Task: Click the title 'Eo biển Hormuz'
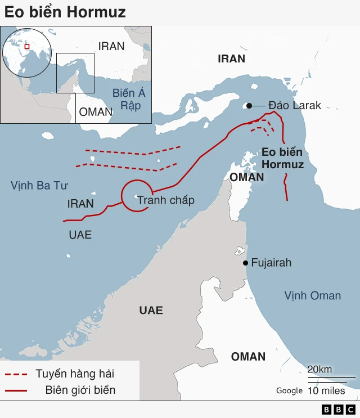[x=65, y=12]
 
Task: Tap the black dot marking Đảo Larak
[x=248, y=105]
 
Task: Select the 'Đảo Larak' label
[x=294, y=105]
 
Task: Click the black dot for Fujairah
[x=245, y=263]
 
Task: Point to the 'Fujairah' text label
[x=271, y=263]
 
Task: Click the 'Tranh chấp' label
[x=166, y=200]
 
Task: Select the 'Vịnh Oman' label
[x=312, y=295]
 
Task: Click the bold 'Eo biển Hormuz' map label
[x=282, y=158]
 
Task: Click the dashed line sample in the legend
[x=16, y=374]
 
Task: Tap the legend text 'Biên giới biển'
[x=80, y=390]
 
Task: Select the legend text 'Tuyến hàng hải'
[x=79, y=374]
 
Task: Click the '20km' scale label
[x=319, y=369]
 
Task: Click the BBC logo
[x=338, y=410]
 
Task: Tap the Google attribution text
[x=289, y=390]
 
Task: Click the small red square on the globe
[x=26, y=47]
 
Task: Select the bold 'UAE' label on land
[x=151, y=310]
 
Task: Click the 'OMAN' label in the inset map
[x=96, y=111]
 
